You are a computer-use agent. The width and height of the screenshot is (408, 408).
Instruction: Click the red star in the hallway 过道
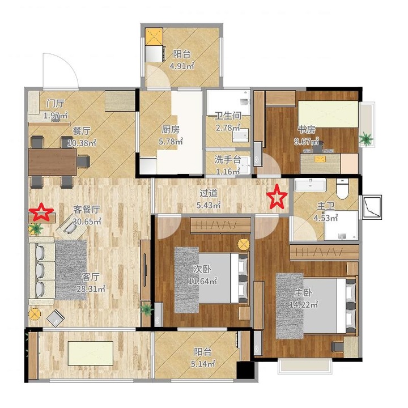[x=277, y=197]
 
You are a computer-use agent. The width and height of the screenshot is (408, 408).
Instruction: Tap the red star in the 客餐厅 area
[x=41, y=212]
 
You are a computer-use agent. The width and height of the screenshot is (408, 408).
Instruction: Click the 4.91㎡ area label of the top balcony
[x=182, y=66]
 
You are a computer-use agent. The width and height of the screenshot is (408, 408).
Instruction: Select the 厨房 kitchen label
[x=171, y=129]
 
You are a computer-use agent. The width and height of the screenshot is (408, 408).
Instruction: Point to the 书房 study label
[x=307, y=129]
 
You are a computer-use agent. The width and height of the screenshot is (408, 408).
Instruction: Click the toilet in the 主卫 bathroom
[x=342, y=189]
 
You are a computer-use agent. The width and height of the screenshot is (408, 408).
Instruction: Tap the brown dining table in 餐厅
[x=52, y=162]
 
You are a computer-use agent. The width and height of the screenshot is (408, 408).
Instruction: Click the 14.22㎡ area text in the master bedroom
[x=304, y=304]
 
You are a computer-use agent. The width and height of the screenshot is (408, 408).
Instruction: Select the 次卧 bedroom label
[x=202, y=269]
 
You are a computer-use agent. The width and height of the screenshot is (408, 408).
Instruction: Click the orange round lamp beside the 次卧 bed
[x=244, y=244]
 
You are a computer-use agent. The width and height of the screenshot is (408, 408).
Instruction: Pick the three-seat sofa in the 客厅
[x=41, y=271]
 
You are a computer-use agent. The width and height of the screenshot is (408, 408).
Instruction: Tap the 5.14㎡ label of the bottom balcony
[x=203, y=363]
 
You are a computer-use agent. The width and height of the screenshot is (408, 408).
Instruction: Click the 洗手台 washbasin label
[x=227, y=159]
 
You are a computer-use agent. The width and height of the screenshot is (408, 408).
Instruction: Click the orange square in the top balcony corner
[x=154, y=37]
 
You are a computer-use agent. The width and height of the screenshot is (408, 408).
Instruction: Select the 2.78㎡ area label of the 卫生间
[x=228, y=127]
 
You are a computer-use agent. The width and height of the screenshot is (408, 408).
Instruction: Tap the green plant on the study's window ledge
[x=367, y=139]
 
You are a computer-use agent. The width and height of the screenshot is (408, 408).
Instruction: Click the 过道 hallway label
[x=209, y=193]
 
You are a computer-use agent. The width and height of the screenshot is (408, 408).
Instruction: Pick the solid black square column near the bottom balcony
[x=245, y=369]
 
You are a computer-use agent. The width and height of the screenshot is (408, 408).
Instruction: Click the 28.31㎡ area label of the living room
[x=91, y=288]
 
